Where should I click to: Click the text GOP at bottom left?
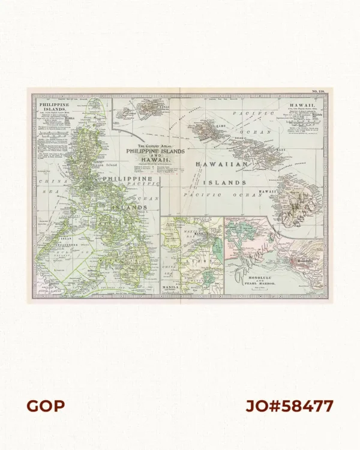coord(45,406)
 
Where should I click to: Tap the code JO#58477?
coord(289,406)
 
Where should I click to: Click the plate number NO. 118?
coord(317,91)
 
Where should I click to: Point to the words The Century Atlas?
coord(148,146)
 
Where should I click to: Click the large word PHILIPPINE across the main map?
coord(127,179)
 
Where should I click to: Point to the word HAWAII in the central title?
coord(148,161)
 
